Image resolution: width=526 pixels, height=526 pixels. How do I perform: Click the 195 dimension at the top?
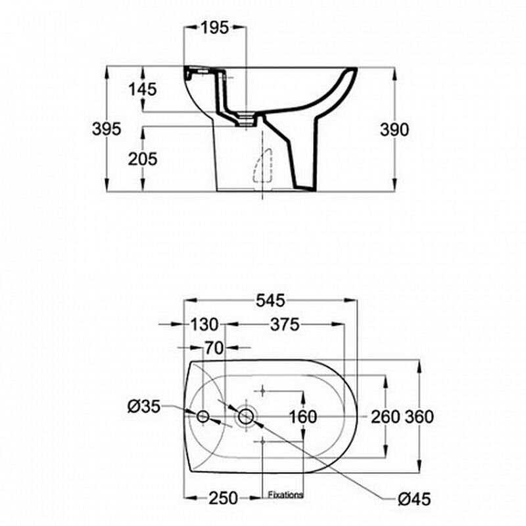(215, 28)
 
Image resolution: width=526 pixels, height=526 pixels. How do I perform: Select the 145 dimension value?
(143, 89)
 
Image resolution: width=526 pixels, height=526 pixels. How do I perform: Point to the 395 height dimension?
(107, 129)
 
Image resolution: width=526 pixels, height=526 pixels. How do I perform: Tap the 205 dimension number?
(143, 159)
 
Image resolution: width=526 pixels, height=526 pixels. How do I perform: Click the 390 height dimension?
(394, 130)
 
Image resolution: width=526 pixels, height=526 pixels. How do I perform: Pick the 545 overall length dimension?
(270, 300)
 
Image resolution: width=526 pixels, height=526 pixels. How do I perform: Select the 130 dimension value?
(204, 324)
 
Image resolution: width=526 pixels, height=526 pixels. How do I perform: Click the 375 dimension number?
(285, 324)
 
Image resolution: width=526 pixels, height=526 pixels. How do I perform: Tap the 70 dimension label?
(214, 348)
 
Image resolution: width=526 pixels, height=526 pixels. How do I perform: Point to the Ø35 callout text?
(143, 407)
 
